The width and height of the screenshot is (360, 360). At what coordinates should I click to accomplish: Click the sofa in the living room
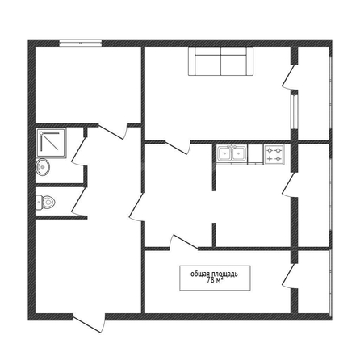tap(220, 61)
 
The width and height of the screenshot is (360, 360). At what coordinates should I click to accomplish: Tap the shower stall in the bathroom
tap(51, 143)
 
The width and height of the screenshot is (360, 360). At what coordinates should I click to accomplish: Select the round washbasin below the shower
tap(43, 167)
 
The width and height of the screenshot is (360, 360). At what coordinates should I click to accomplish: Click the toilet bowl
tap(45, 202)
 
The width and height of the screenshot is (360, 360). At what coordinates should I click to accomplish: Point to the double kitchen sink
tap(232, 154)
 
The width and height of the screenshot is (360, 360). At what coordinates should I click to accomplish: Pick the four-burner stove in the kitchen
tap(274, 154)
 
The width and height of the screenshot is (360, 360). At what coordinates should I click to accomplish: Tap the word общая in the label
tap(200, 274)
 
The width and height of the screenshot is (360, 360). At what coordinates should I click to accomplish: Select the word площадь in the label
tap(224, 274)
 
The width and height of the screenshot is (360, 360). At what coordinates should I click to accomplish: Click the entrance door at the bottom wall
tap(90, 322)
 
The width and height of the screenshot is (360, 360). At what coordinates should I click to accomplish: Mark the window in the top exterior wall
tap(81, 43)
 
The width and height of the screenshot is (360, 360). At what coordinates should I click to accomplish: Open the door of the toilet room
tap(79, 201)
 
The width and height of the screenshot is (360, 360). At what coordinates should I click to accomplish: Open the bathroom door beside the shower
tap(78, 151)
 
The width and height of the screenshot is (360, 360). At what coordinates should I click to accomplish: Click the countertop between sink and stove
tap(255, 154)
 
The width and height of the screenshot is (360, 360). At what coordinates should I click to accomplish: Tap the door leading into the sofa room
tap(178, 147)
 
